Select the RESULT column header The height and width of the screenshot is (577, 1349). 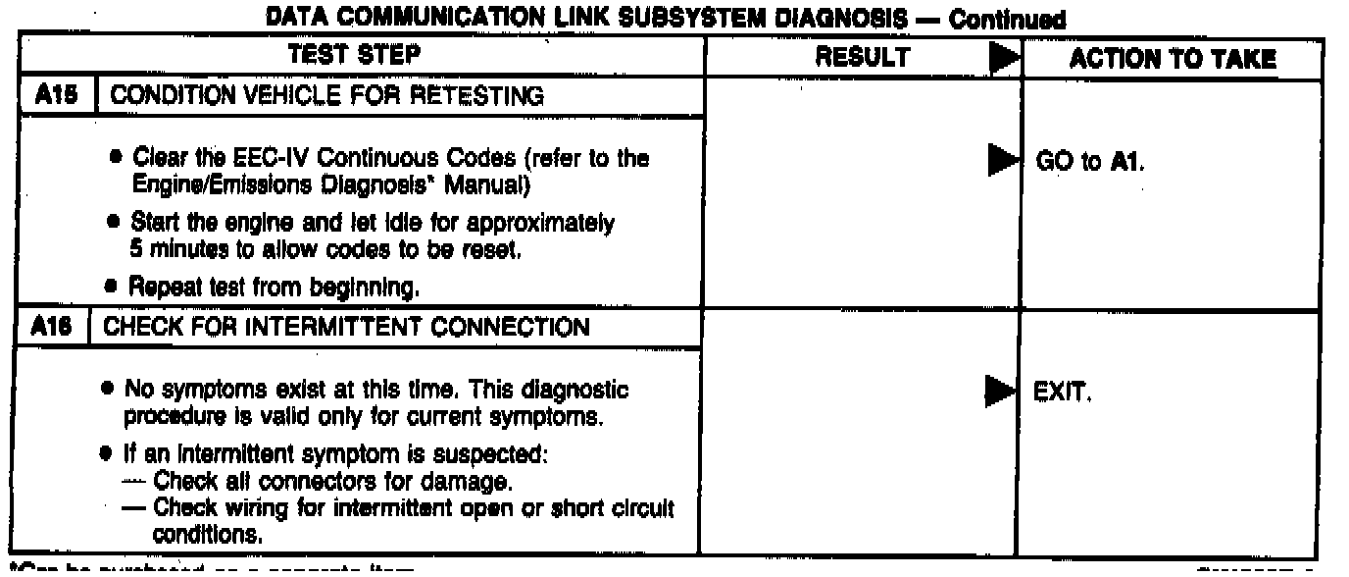pos(863,59)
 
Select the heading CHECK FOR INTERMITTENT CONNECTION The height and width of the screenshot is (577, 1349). pos(347,328)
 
